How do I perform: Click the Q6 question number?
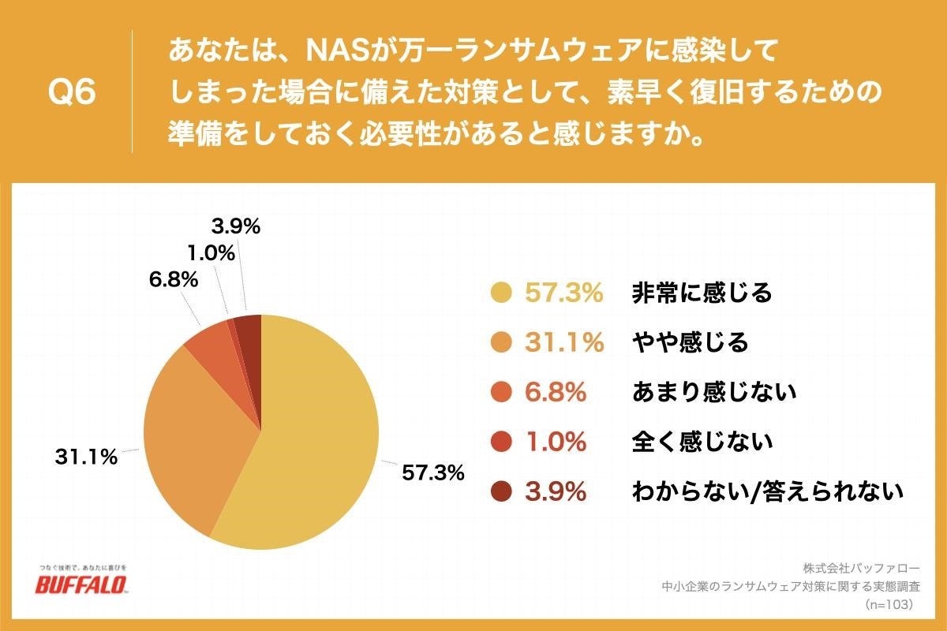point(72,93)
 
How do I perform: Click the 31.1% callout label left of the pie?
point(86,457)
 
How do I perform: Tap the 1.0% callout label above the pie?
point(211,253)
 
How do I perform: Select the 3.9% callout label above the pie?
point(236,227)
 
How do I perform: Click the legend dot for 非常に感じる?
point(500,293)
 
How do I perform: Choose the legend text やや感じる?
point(689,342)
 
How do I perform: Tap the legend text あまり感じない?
point(713,392)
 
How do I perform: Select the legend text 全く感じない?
point(701,442)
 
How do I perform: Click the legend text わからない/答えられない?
point(766,491)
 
